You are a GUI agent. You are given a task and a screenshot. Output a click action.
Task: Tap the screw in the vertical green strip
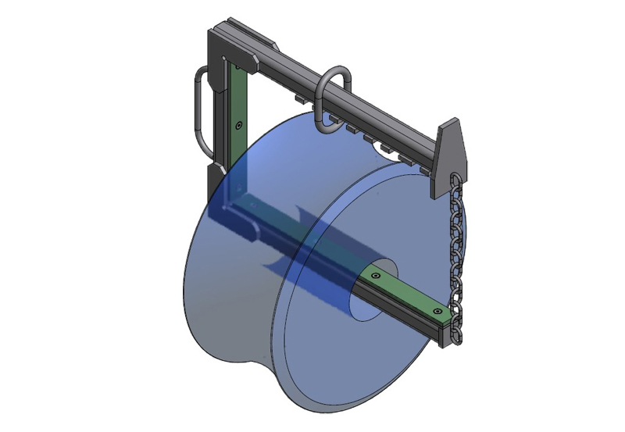(238, 124)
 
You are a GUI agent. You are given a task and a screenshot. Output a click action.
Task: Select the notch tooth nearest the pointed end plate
(423, 166)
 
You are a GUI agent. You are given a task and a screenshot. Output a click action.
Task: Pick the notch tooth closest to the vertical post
(299, 101)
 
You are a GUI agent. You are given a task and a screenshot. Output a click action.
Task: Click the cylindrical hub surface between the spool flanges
(344, 180)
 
